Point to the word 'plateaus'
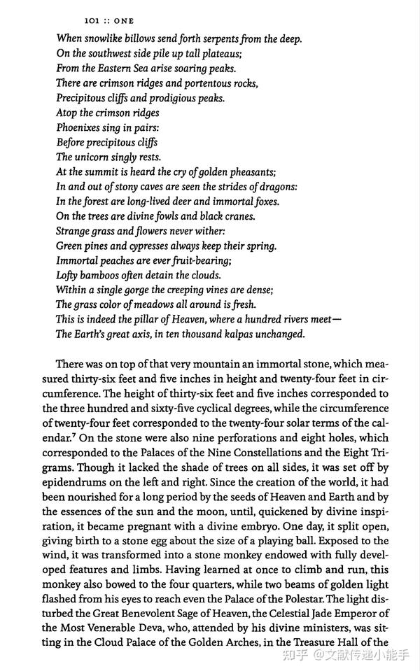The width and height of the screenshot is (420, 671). pyautogui.click(x=219, y=54)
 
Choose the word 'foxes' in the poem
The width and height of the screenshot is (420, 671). pyautogui.click(x=264, y=202)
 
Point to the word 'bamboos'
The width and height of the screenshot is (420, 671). pyautogui.click(x=104, y=275)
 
